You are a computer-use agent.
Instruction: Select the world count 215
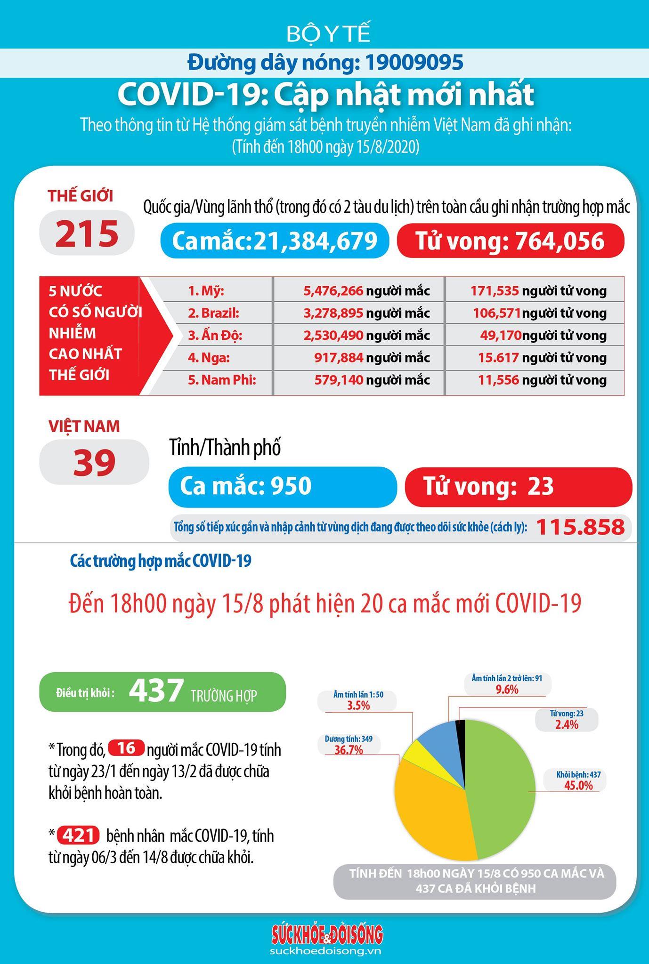tap(87, 233)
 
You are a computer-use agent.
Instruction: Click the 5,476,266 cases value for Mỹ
tap(333, 291)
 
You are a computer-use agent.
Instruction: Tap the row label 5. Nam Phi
tap(222, 380)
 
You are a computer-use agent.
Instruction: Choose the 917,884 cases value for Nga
tap(339, 358)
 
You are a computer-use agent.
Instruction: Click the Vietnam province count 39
tap(94, 462)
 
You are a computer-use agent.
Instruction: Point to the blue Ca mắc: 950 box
tap(283, 487)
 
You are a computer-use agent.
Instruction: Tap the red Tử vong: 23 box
tap(519, 487)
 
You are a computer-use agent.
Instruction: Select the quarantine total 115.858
tap(580, 527)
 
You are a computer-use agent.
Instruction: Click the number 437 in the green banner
tap(156, 691)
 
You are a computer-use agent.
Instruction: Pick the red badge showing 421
tap(78, 836)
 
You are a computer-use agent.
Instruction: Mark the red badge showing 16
tap(125, 749)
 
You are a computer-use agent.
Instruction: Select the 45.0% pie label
tap(578, 785)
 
